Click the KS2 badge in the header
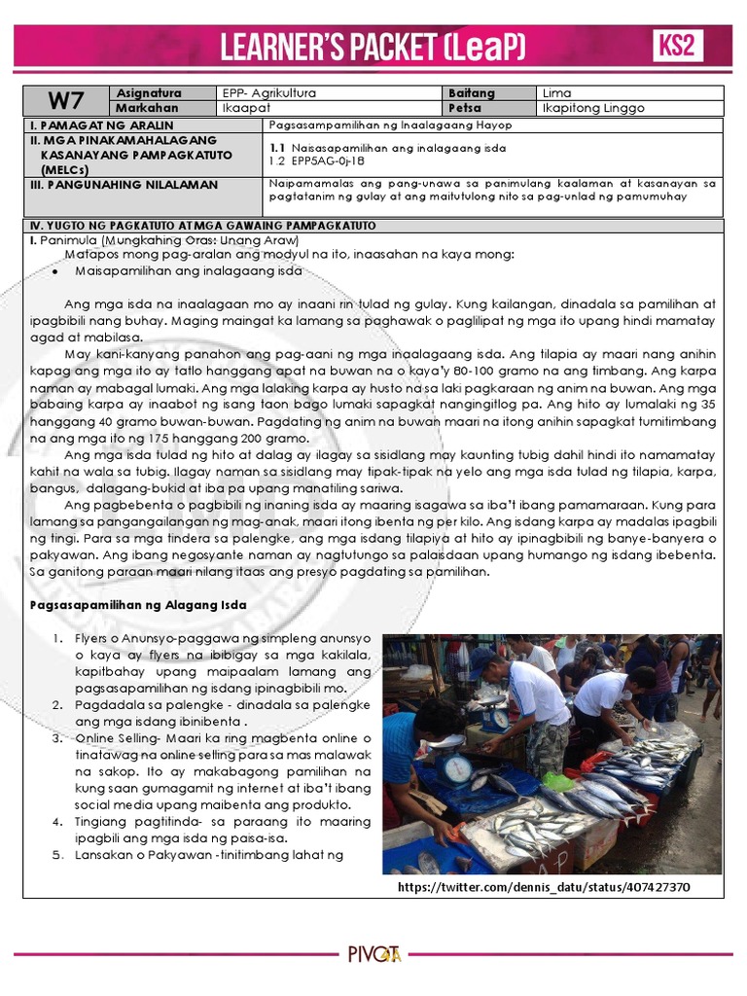pyautogui.click(x=677, y=46)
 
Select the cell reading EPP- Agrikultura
pyautogui.click(x=269, y=93)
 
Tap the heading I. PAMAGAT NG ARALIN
pyautogui.click(x=102, y=125)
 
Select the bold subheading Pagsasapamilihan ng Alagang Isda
pyautogui.click(x=137, y=604)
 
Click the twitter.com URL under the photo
pyautogui.click(x=545, y=889)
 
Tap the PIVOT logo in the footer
pyautogui.click(x=373, y=954)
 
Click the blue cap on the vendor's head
pyautogui.click(x=483, y=658)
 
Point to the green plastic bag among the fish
pyautogui.click(x=558, y=781)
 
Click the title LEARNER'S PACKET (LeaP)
pyautogui.click(x=373, y=45)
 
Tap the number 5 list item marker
pyautogui.click(x=57, y=855)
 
